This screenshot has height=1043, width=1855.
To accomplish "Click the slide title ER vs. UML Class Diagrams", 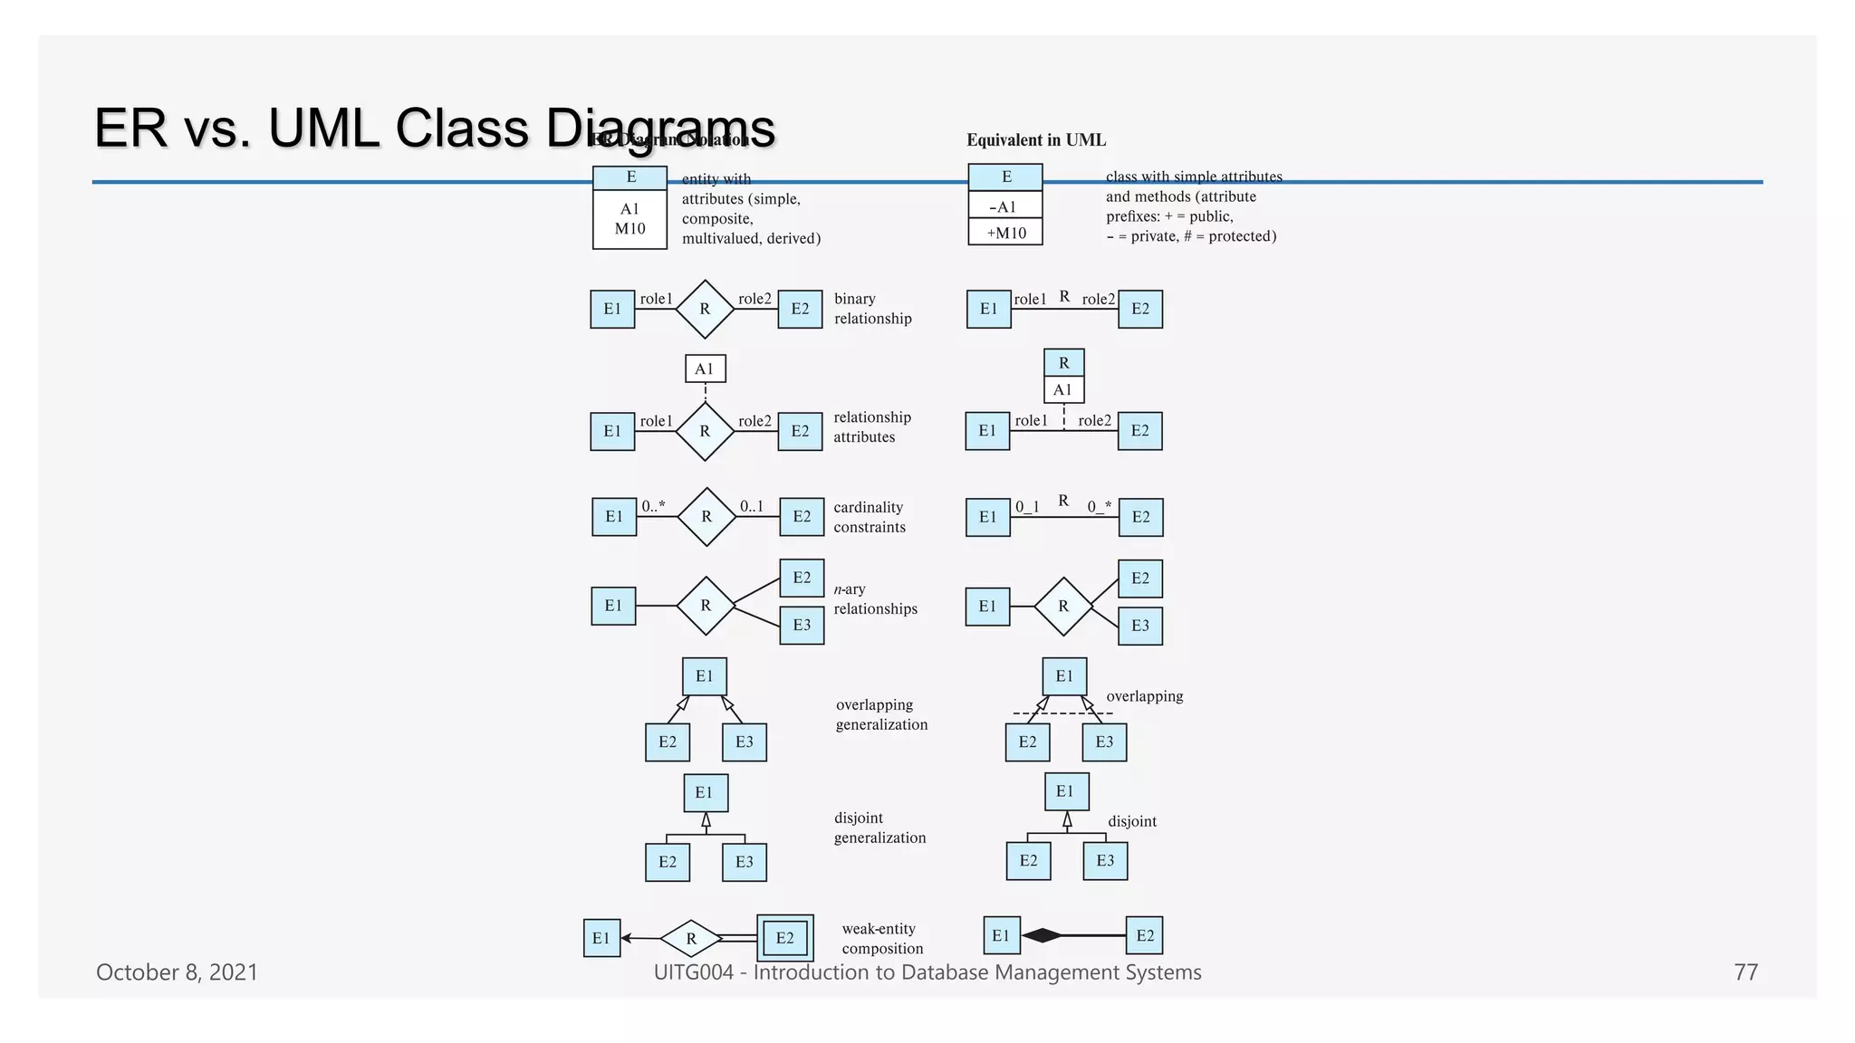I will pos(434,129).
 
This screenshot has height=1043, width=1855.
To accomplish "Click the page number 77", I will pos(1745,972).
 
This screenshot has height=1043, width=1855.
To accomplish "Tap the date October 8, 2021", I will pos(177,972).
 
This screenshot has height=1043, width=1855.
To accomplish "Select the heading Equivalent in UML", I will pos(1035,140).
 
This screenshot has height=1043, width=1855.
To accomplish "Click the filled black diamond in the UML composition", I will pos(1042,935).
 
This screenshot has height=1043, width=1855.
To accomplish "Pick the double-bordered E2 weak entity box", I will pos(784,938).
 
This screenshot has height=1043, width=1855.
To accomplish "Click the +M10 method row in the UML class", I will pos(1005,233).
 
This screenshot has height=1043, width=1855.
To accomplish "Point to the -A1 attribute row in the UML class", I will pos(1005,206).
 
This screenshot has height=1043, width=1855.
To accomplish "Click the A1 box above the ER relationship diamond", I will pos(705,368).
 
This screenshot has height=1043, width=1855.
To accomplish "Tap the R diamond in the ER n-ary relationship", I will pos(706,606).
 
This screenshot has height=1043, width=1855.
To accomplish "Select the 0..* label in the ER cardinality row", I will pos(653,506).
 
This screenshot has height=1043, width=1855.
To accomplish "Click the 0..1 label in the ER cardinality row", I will pos(752,506).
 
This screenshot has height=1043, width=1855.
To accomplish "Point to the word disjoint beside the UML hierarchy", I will pos(1132,821).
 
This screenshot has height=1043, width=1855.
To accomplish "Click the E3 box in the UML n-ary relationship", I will pos(1139,626).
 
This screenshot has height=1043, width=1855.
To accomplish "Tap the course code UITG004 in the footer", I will pos(693,972).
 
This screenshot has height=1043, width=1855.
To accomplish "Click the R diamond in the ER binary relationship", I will pos(705,309).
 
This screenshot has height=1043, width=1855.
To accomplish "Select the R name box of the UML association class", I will pos(1063,363).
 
